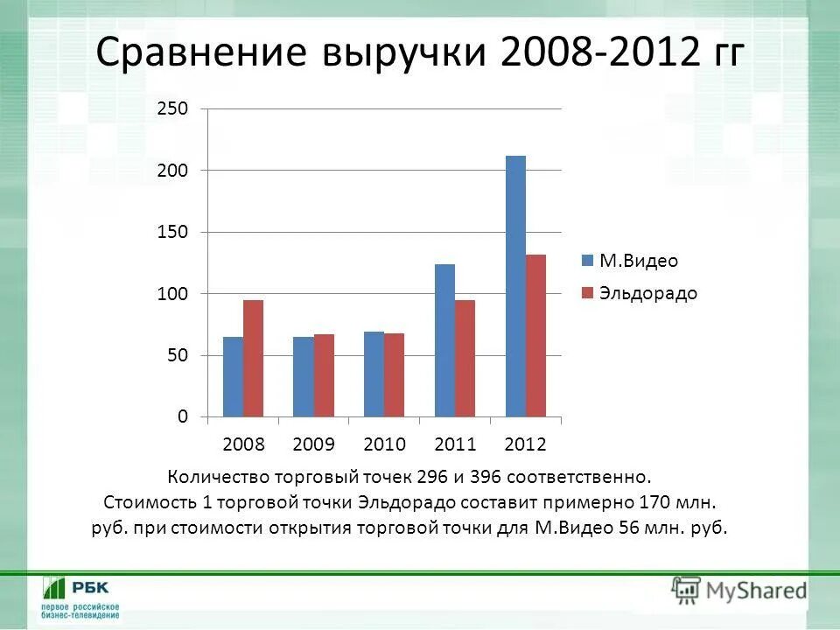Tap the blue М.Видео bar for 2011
point(444,340)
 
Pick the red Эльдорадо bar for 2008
point(253,358)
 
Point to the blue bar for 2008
point(233,376)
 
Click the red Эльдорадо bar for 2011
point(465,358)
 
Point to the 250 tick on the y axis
point(173,108)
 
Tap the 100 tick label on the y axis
point(173,294)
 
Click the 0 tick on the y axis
point(183,416)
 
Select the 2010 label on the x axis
point(385,444)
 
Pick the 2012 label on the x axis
point(525,444)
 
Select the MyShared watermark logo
point(739,591)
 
